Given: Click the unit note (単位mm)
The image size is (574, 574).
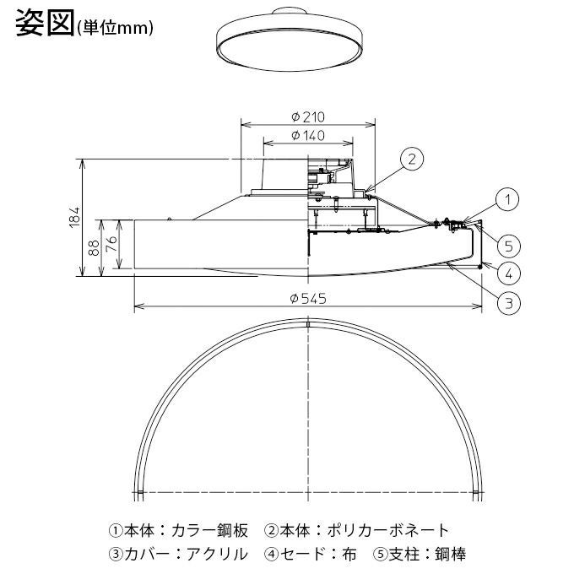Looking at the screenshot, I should (x=114, y=28).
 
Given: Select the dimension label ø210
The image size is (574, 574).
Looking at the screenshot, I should (x=308, y=117).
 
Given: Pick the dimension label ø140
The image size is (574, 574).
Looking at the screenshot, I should (x=308, y=136).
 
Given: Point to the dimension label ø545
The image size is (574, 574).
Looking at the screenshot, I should (x=308, y=299).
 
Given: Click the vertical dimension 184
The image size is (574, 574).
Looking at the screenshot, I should (x=73, y=217).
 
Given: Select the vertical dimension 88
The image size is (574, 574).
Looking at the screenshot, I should (x=95, y=247).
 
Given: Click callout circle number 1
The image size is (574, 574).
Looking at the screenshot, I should (x=506, y=200).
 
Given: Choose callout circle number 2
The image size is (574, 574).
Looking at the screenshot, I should (x=410, y=158).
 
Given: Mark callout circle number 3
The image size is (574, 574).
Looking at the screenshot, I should (x=506, y=303).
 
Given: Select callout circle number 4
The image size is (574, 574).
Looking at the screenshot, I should (x=506, y=273).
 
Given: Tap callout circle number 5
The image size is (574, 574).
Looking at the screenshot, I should (x=506, y=246).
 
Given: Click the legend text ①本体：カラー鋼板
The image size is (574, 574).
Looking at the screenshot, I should (x=179, y=531).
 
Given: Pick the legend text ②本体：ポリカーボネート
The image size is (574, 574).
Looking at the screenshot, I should (x=357, y=531).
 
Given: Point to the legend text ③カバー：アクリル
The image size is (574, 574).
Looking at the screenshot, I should (x=179, y=555).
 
